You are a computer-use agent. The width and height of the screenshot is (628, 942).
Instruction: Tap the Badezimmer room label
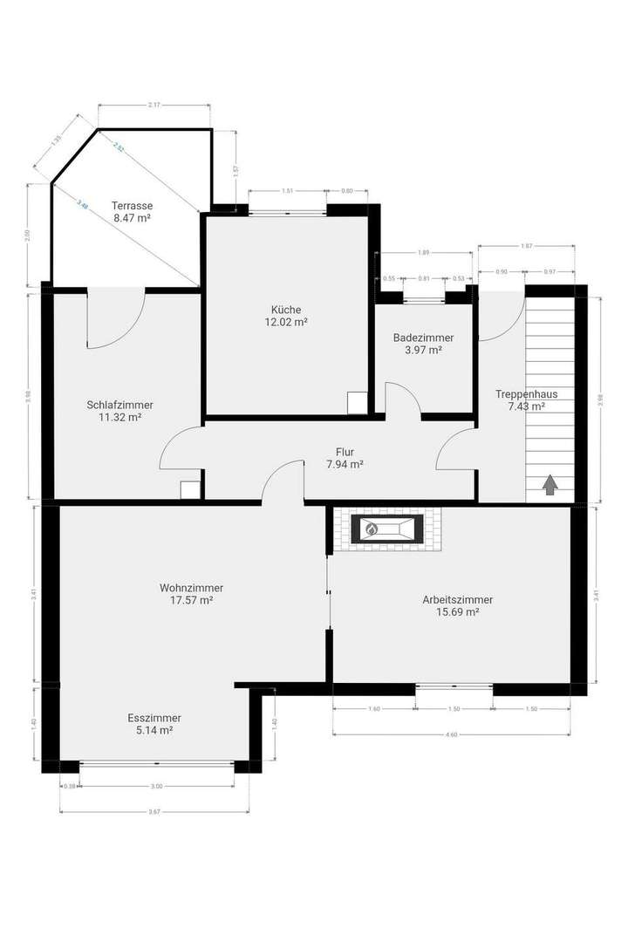pyautogui.click(x=423, y=338)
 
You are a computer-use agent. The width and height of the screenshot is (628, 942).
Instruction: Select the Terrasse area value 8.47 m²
pyautogui.click(x=132, y=218)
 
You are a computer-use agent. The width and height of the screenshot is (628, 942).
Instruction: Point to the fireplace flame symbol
pyautogui.click(x=371, y=529)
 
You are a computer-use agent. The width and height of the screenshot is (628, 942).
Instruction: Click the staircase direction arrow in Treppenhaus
pyautogui.click(x=550, y=485)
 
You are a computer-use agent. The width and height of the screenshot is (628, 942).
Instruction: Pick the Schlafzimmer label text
pyautogui.click(x=120, y=405)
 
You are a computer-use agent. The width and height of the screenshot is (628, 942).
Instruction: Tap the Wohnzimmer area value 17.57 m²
pyautogui.click(x=193, y=600)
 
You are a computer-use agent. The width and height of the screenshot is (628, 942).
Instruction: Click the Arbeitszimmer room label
pyautogui.click(x=457, y=600)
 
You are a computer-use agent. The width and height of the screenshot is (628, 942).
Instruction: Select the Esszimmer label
pyautogui.click(x=154, y=718)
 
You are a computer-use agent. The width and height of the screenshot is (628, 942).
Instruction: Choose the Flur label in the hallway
pyautogui.click(x=345, y=452)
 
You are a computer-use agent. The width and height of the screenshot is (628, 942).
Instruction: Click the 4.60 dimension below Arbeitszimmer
pyautogui.click(x=451, y=734)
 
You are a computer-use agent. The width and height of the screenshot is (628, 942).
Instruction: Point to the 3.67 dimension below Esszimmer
pyautogui.click(x=154, y=813)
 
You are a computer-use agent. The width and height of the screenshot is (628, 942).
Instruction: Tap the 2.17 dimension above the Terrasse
pyautogui.click(x=154, y=106)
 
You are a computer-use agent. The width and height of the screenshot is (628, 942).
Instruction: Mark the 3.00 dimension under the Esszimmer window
pyautogui.click(x=157, y=787)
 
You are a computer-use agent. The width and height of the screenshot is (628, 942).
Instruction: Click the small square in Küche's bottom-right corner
pyautogui.click(x=357, y=403)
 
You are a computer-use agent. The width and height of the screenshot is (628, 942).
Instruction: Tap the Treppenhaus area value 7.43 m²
pyautogui.click(x=527, y=406)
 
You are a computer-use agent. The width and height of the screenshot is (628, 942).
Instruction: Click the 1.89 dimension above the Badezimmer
pyautogui.click(x=424, y=254)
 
